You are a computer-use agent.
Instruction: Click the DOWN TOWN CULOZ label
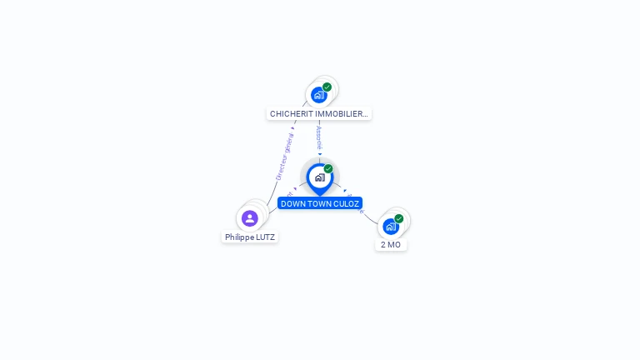[320, 203]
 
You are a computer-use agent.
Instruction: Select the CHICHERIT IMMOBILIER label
[318, 113]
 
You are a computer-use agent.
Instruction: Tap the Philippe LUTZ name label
[250, 237]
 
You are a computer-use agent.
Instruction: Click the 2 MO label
[391, 244]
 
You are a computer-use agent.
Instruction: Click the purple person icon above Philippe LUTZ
[249, 218]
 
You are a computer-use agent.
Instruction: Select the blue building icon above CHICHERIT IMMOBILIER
[318, 95]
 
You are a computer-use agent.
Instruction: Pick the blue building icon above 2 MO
[390, 226]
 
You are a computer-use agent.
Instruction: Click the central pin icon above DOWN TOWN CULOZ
[319, 177]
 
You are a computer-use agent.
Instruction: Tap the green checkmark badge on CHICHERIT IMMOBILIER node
[327, 87]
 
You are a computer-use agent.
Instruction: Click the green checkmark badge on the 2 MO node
[398, 218]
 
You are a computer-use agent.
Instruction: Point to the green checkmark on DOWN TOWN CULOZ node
[328, 169]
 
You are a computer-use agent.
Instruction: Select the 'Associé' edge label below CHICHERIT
[319, 137]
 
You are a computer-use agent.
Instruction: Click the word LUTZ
[264, 237]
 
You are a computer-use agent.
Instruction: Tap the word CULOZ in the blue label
[346, 203]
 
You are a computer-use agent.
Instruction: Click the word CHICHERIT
[291, 113]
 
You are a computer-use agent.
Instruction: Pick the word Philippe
[239, 237]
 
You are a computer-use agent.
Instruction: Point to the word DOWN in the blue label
[293, 203]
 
